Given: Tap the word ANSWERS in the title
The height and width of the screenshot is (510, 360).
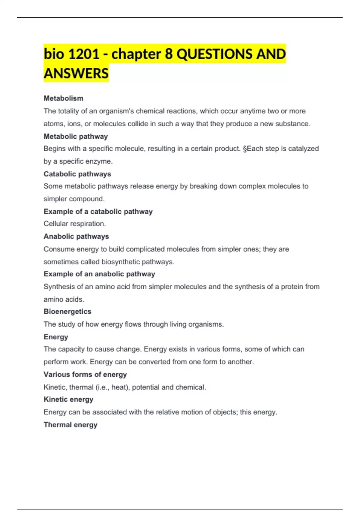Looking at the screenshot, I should tap(76, 73).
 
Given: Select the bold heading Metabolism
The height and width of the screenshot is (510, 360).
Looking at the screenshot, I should tap(64, 98).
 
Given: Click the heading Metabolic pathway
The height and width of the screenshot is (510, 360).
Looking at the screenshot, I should tap(76, 136).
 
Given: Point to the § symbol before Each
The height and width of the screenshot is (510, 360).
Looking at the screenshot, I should tap(244, 149).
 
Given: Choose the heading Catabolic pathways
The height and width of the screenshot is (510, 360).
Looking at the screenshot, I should tap(77, 174).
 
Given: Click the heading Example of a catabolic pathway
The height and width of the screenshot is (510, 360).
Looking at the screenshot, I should tap(98, 211).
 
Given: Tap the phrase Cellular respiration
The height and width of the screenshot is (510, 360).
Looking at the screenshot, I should tap(75, 224).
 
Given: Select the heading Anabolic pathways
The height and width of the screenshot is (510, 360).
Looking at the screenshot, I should tap(76, 236).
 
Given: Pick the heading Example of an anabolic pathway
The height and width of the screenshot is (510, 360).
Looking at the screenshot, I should tap(99, 274).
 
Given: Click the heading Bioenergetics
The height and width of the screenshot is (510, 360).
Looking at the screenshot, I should tap(67, 311).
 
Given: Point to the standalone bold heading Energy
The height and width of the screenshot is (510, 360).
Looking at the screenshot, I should tap(56, 337).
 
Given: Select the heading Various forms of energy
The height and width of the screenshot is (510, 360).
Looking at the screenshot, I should tap(85, 374).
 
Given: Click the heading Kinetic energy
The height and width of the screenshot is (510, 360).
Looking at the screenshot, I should tap(68, 399).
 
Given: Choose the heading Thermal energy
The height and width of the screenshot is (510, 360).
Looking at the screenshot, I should tap(70, 425).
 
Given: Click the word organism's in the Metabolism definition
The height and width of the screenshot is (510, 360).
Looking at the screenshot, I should tap(116, 111).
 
